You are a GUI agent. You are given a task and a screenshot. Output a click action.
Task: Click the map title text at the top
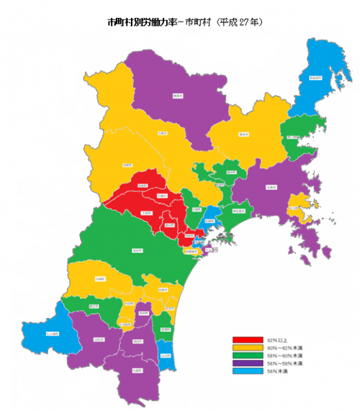[x=184, y=22]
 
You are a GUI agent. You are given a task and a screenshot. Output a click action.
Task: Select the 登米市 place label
[x=243, y=134]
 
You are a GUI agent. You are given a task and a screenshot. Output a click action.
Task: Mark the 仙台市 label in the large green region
[x=137, y=250]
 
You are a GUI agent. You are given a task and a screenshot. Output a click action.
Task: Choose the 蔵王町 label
[x=94, y=306]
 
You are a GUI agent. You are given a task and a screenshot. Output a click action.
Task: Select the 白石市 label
[x=99, y=339]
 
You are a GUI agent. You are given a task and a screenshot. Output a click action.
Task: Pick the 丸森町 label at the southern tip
[x=135, y=370]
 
